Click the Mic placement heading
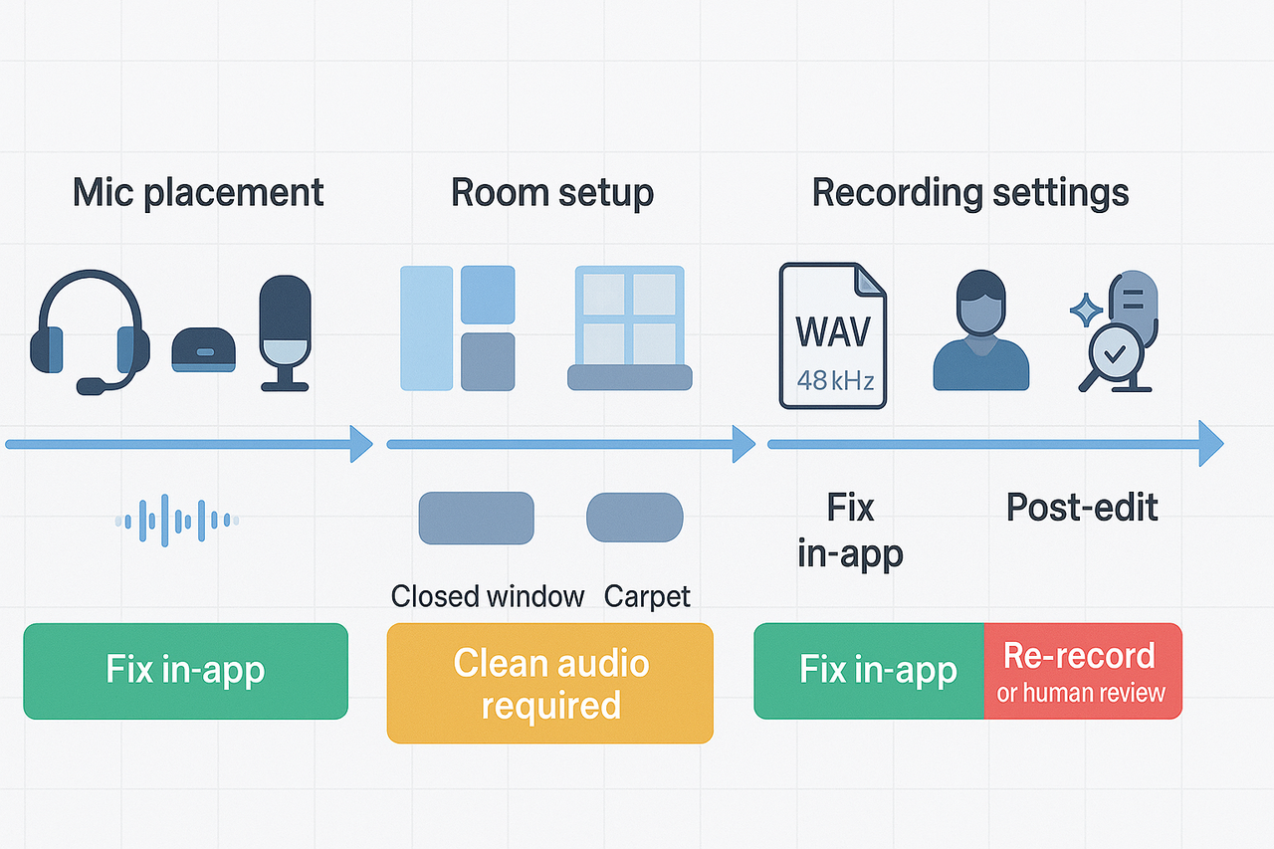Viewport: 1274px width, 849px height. coord(198,192)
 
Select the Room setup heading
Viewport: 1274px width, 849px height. coord(552,192)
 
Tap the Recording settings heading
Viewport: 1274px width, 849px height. coord(970,192)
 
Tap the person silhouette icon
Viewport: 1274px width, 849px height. coord(980,331)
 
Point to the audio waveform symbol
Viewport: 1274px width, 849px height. coord(177,520)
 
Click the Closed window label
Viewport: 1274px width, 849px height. coord(487,596)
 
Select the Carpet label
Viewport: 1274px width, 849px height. coord(647,596)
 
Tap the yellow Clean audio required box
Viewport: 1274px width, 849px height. coord(550,684)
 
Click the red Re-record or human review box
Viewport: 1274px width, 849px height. coord(1082,671)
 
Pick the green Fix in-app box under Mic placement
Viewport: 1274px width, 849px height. coord(185,671)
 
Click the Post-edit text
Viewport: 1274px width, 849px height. coord(1082,508)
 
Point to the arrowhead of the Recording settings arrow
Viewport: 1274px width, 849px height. coord(1210,443)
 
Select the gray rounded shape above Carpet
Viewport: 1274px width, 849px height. coord(634,519)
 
